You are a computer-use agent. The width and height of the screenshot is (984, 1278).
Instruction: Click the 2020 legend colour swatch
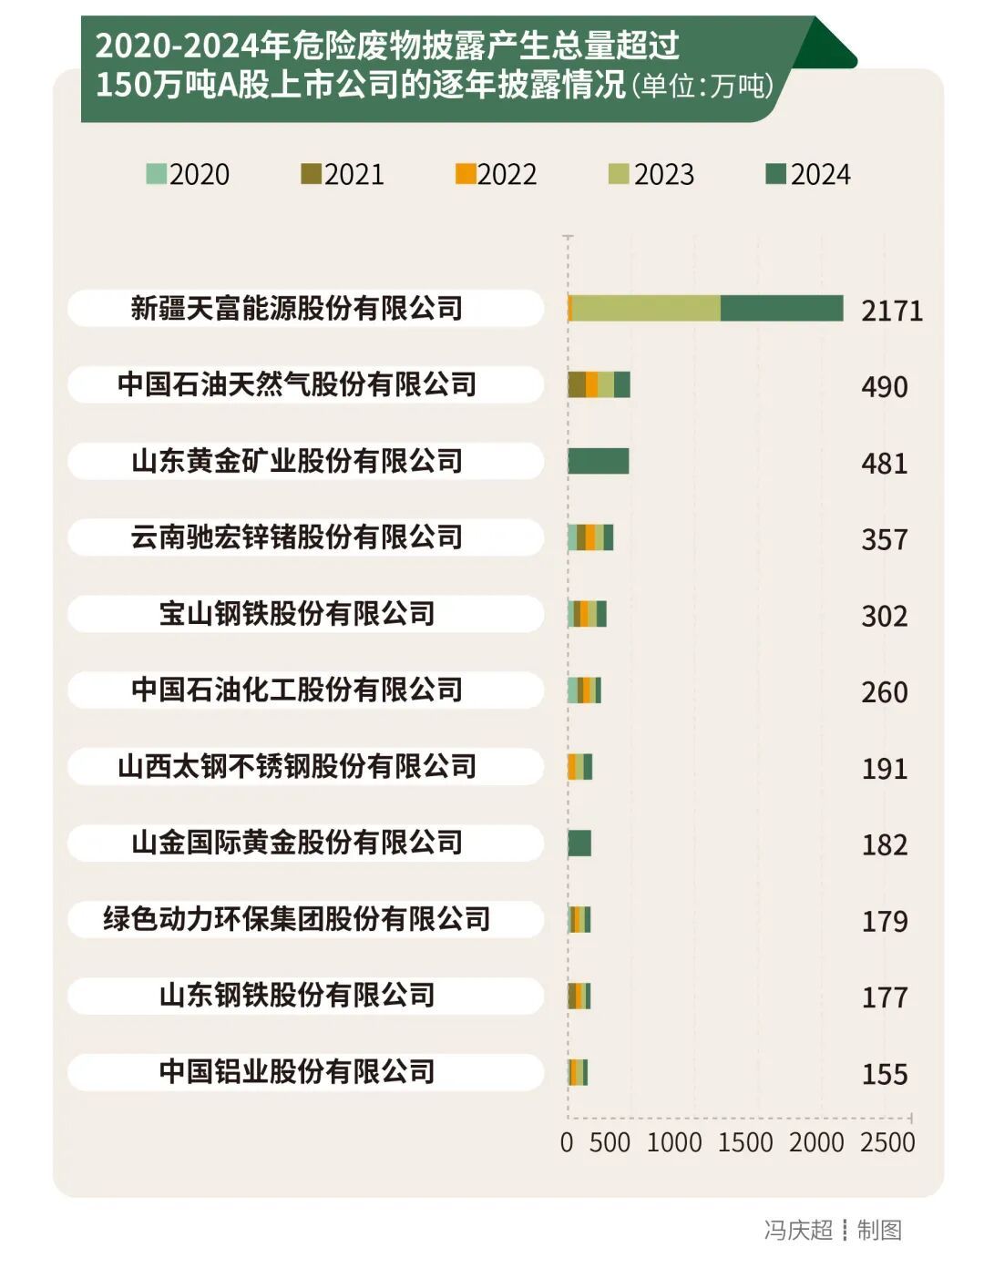(x=157, y=174)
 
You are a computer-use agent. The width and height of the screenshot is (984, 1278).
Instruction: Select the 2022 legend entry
(x=497, y=174)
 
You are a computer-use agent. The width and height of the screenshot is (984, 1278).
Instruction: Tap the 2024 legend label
(x=820, y=174)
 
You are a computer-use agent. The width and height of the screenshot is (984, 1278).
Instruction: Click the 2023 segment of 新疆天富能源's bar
(x=645, y=309)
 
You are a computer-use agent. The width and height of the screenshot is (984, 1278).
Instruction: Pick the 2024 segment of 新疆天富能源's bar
(x=782, y=309)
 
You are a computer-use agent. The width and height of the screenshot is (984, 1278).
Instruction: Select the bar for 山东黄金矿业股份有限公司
(x=598, y=461)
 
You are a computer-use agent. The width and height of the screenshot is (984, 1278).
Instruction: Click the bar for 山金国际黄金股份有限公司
(x=579, y=843)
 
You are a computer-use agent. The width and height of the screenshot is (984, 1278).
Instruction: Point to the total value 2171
(x=892, y=311)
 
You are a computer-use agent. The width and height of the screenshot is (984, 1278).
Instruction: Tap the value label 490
(x=885, y=387)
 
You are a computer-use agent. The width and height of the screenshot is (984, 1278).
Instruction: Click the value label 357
(x=885, y=539)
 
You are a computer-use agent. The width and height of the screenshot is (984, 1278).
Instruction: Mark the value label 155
(x=885, y=1074)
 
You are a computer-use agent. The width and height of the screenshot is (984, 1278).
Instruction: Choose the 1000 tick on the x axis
(x=674, y=1142)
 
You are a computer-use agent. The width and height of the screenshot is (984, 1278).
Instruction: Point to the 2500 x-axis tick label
(x=887, y=1142)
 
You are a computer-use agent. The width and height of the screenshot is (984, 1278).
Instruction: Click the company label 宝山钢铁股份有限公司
(x=297, y=614)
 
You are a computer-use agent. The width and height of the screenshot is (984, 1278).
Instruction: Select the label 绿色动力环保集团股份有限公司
(x=297, y=919)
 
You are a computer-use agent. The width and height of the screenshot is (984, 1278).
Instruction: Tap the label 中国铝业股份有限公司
(x=297, y=1071)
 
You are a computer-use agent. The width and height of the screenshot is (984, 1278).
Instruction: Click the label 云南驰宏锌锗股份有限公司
(x=297, y=537)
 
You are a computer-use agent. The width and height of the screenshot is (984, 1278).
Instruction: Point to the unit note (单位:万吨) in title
(x=702, y=86)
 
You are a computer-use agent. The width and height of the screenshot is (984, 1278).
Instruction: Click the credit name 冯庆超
(x=798, y=1230)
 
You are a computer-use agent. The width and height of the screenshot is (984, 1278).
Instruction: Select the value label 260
(x=885, y=692)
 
